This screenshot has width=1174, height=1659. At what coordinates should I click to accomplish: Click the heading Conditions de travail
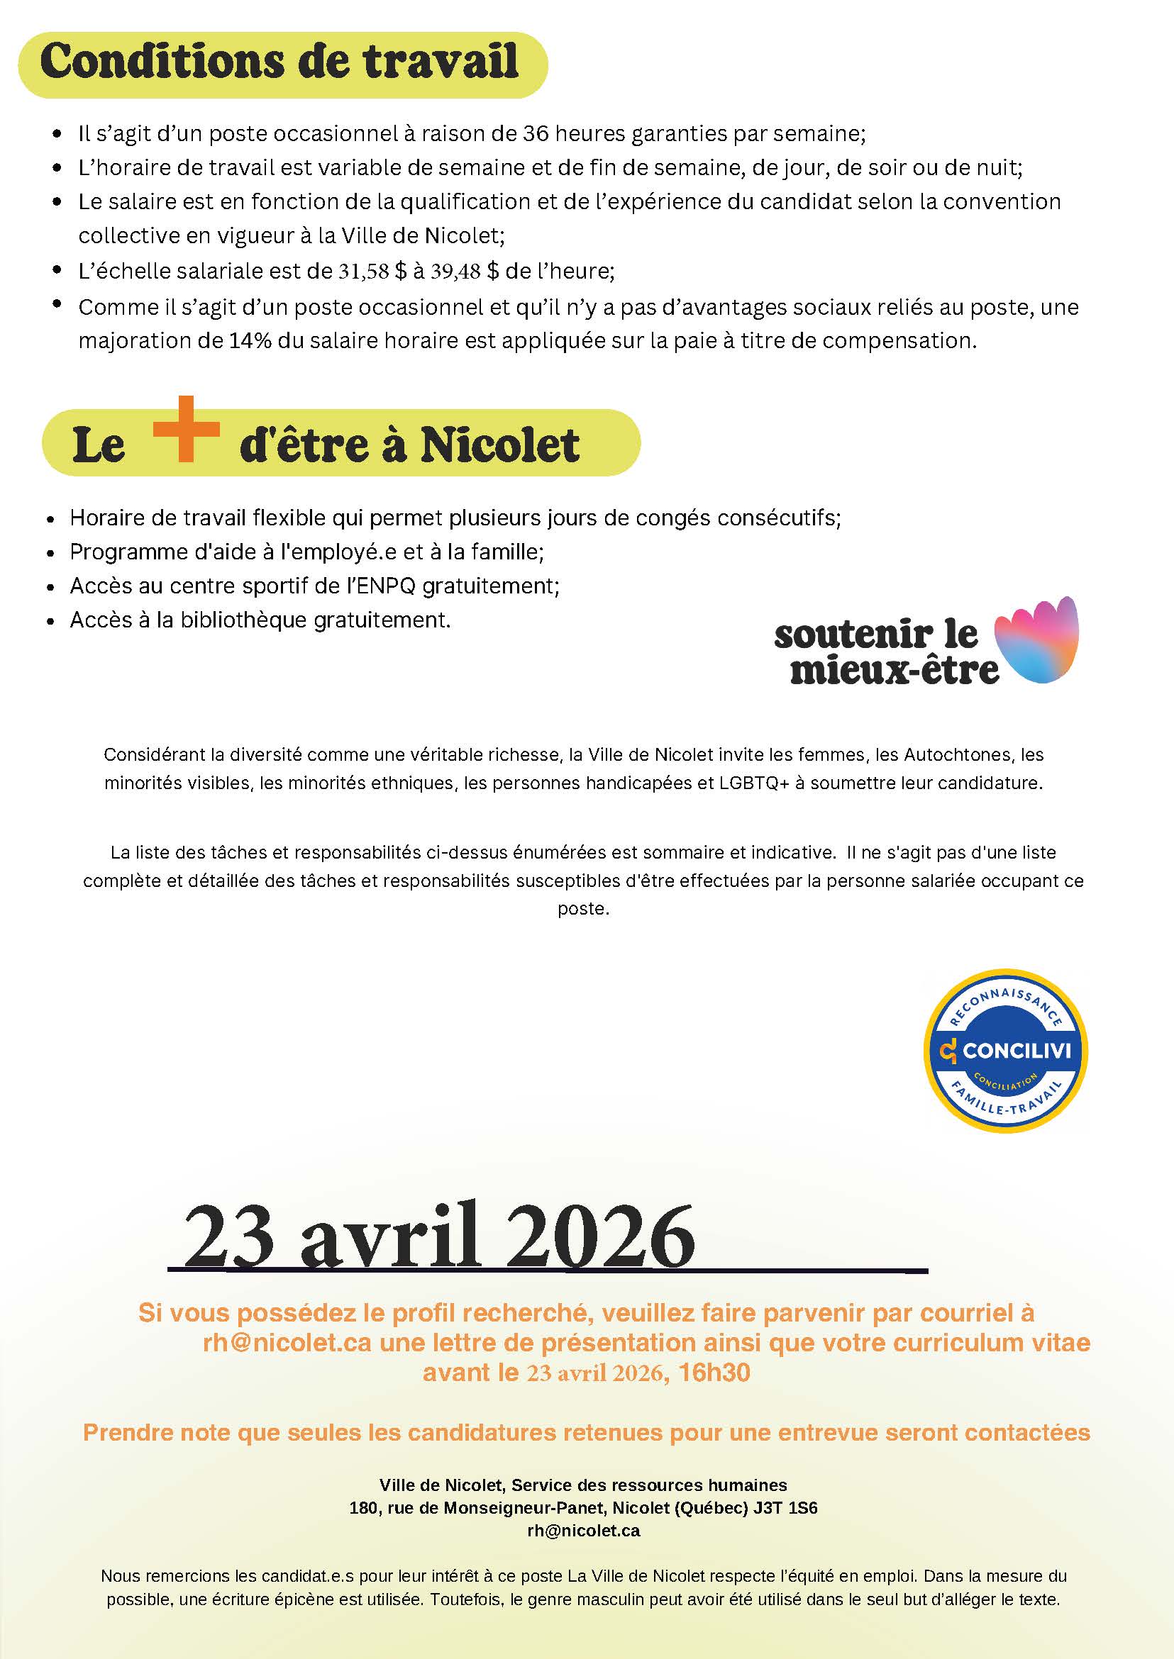[279, 62]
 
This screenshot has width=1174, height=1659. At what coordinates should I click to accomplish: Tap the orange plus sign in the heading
[187, 428]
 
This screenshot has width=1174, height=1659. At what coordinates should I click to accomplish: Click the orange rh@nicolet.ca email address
[287, 1343]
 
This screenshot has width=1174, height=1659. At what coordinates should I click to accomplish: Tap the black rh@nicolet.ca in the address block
[583, 1531]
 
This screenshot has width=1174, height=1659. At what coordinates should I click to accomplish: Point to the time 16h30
[714, 1372]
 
